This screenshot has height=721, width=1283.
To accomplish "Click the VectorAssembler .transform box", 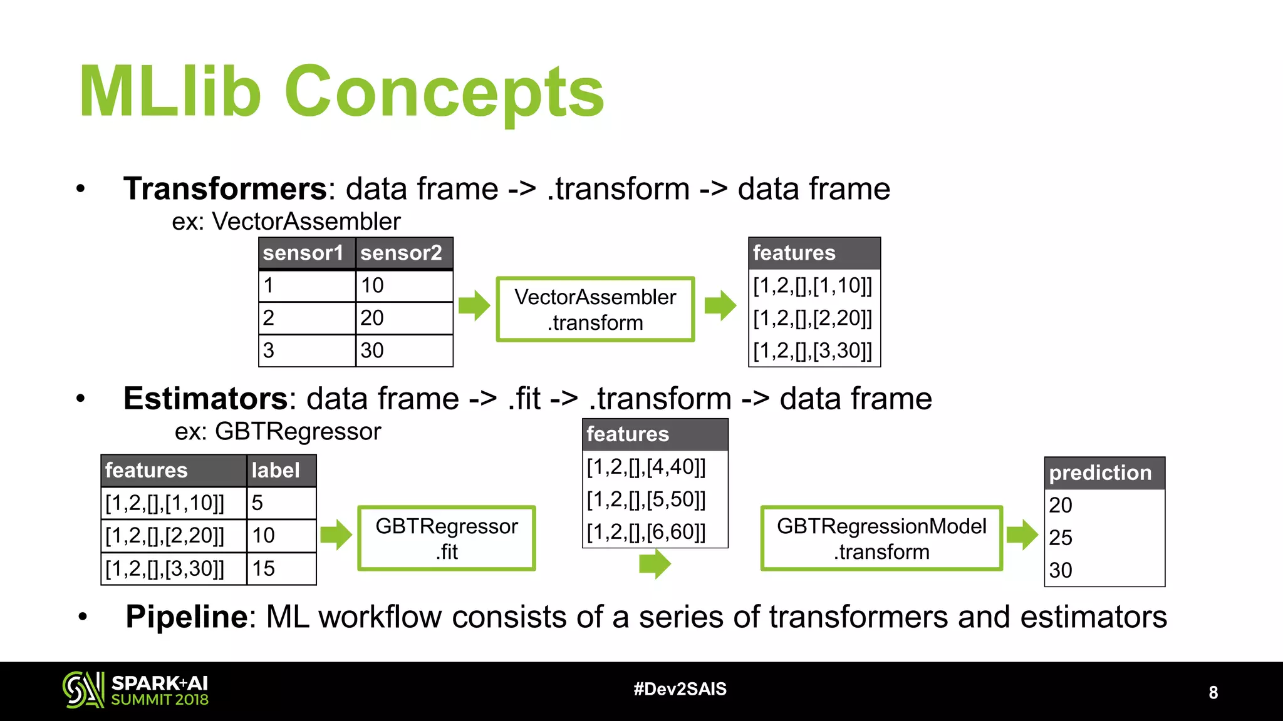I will coord(595,309).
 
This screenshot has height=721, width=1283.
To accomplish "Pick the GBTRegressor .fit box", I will coord(447,538).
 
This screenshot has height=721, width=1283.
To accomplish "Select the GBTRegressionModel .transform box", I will coord(881,538).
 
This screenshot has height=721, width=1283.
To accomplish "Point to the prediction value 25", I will coord(1061,538).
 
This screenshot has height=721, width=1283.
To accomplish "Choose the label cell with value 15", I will coord(264,568).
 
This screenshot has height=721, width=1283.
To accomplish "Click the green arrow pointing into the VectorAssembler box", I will coord(474,305).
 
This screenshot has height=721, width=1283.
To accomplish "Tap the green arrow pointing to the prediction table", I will coord(1022,534).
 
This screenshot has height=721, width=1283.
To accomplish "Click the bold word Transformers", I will coord(225,188).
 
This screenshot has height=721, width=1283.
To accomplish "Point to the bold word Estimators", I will coord(205,399).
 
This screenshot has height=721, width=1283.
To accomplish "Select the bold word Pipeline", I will coord(187,616).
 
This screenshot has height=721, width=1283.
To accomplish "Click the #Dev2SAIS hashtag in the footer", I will coord(680,689).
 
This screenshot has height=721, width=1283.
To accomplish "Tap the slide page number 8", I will coord(1213,692).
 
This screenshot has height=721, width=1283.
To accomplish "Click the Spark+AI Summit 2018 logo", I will coord(135,690).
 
